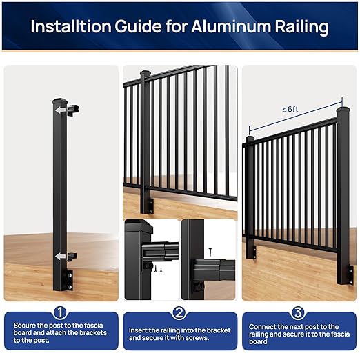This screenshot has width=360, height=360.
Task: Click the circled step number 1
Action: tap(60, 312)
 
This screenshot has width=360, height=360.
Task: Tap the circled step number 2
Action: tap(179, 312)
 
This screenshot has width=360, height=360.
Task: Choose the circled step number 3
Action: tap(299, 312)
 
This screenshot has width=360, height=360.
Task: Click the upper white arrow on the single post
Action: tap(61, 109)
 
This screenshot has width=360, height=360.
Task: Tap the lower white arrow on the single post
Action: tap(61, 257)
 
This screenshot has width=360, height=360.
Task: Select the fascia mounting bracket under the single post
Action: tap(68, 279)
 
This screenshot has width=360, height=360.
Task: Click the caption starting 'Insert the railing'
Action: tap(179, 334)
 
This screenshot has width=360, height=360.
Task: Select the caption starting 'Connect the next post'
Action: tap(299, 334)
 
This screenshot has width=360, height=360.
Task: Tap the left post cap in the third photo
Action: tap(250, 139)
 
